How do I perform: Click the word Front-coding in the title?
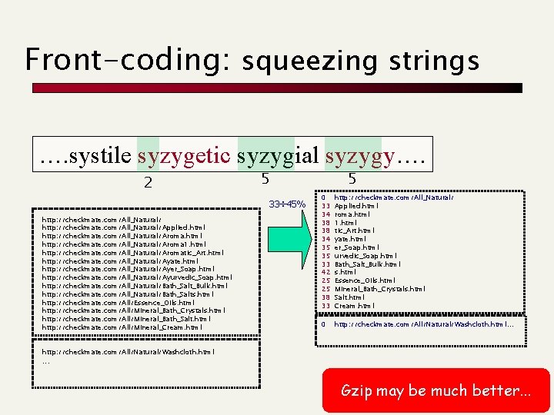tap(127, 59)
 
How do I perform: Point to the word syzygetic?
tap(184, 157)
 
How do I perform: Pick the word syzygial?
tap(278, 157)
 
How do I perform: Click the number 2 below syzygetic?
tap(148, 183)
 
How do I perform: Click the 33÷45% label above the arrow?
tap(289, 204)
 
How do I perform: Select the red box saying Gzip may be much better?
tap(436, 390)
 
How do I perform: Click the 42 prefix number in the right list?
tap(326, 272)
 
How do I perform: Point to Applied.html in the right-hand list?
tap(356, 206)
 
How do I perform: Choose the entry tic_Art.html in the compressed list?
tap(355, 231)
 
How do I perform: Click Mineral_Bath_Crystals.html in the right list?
tap(379, 289)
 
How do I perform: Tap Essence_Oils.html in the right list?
tap(365, 281)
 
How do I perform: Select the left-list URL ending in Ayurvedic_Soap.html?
tap(137, 277)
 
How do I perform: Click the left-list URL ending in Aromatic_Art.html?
tap(132, 252)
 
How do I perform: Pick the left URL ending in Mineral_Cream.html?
tap(122, 327)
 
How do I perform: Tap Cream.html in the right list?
tap(355, 306)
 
